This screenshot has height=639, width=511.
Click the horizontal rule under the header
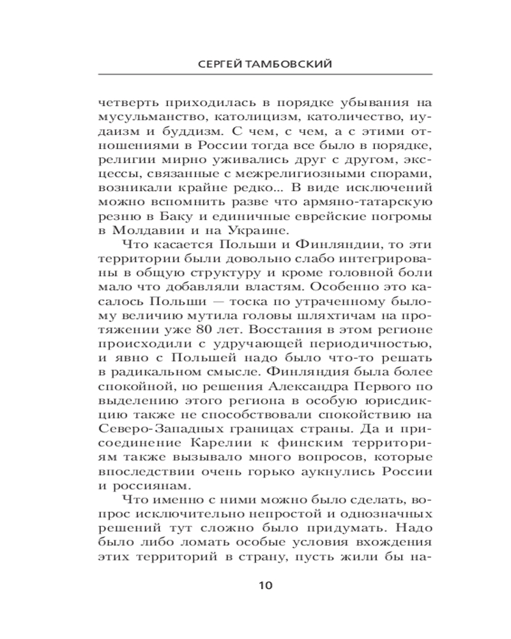(x=256, y=76)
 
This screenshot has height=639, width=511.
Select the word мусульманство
(x=135, y=116)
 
